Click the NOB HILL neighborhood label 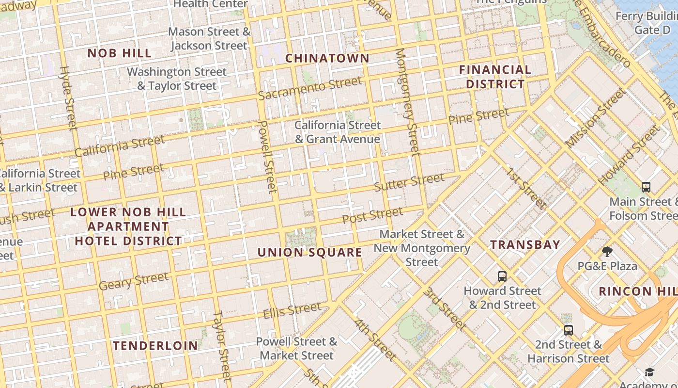[119, 53]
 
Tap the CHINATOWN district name [327, 58]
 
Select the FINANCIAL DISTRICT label [495, 77]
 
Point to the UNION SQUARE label [309, 252]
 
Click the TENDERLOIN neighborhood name [155, 345]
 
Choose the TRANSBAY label [525, 244]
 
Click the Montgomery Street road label [407, 102]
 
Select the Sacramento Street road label [310, 88]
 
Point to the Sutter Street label [409, 182]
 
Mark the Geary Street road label [134, 281]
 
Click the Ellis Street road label [292, 310]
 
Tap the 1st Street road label [526, 188]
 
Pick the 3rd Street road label [444, 308]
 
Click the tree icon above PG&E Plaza [607, 251]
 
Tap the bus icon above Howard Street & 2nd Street [502, 276]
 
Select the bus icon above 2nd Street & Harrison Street [569, 330]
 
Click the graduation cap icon [649, 372]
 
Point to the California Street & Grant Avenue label [338, 132]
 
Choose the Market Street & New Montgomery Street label [422, 248]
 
